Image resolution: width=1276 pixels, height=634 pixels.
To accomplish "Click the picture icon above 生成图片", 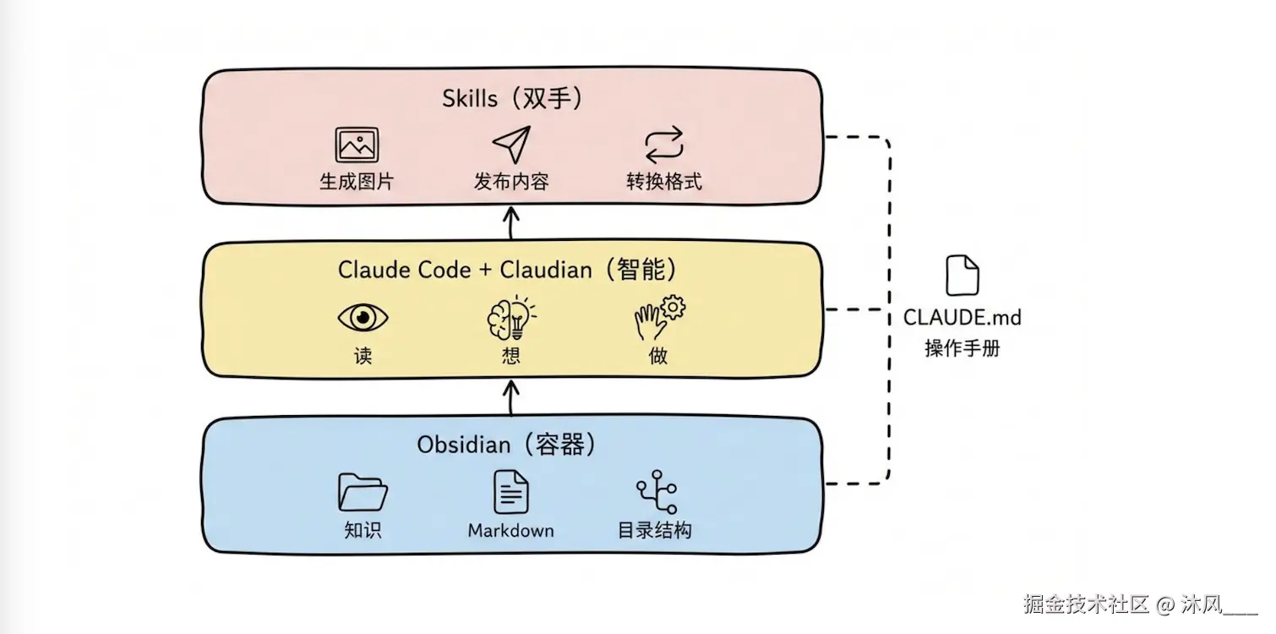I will (357, 145).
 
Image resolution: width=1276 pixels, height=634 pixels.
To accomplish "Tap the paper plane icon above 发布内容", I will (512, 145).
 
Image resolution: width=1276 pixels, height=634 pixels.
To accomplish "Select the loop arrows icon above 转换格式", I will (663, 145).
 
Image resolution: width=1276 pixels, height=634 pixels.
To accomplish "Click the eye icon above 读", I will (363, 318).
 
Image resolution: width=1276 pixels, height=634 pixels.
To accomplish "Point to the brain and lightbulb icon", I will (511, 318).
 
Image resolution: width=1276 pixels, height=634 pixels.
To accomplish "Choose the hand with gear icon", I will (659, 316).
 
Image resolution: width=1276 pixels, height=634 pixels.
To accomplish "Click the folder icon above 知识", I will (363, 491).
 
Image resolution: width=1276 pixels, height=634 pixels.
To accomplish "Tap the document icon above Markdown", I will (510, 491).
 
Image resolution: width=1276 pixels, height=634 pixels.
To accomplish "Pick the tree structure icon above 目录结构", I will (657, 491).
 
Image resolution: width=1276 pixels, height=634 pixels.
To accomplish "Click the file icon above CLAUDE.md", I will (962, 276).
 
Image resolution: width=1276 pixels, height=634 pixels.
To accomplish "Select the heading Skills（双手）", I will (512, 99).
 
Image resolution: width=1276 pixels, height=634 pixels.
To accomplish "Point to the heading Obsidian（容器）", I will (506, 445).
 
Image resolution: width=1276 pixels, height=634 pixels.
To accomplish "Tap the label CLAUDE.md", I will (962, 318).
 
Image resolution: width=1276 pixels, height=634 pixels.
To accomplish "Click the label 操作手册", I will (962, 347).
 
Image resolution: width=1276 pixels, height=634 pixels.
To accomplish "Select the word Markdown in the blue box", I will (510, 531).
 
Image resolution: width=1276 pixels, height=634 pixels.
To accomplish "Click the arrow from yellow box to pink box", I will (511, 224).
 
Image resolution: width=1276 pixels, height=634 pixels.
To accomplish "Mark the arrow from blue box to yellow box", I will (511, 397).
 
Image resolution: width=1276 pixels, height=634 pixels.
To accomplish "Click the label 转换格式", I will (663, 182).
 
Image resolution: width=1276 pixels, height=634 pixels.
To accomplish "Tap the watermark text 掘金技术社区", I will (1087, 604).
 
